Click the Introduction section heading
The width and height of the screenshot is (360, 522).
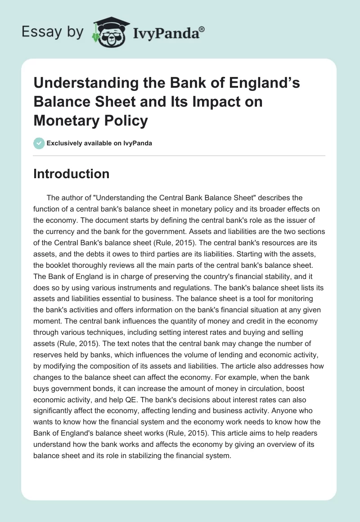pyautogui.click(x=71, y=174)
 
